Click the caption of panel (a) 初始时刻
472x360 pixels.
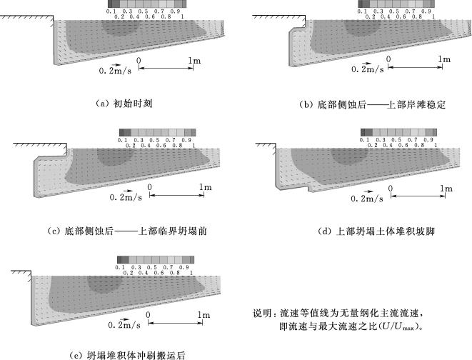pyautogui.click(x=124, y=104)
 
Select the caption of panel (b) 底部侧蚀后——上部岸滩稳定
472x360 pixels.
pyautogui.click(x=372, y=104)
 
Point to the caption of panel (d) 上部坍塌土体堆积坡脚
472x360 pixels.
pyautogui.click(x=376, y=231)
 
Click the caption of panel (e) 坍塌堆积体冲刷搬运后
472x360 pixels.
pyautogui.click(x=127, y=356)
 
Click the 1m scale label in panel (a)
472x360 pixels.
pyautogui.click(x=194, y=61)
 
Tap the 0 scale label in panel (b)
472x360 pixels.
pyautogui.click(x=388, y=59)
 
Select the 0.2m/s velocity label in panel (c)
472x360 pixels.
pyautogui.click(x=126, y=197)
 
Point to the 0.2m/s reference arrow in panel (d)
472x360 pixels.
pyautogui.click(x=368, y=191)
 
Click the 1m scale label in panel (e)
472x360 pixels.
pyautogui.click(x=204, y=315)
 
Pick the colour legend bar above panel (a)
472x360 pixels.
pyautogui.click(x=147, y=4)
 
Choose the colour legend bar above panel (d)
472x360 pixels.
pyautogui.click(x=398, y=132)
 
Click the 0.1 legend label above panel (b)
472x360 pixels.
pyautogui.click(x=363, y=11)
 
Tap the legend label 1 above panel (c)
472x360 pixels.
pyautogui.click(x=194, y=146)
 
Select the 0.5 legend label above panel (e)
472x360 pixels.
pyautogui.click(x=151, y=267)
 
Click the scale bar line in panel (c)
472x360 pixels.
pyautogui.click(x=176, y=195)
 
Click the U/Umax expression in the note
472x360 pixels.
pyautogui.click(x=399, y=326)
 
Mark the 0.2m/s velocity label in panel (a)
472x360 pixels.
pyautogui.click(x=115, y=71)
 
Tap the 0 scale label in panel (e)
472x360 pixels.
pyautogui.click(x=148, y=315)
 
